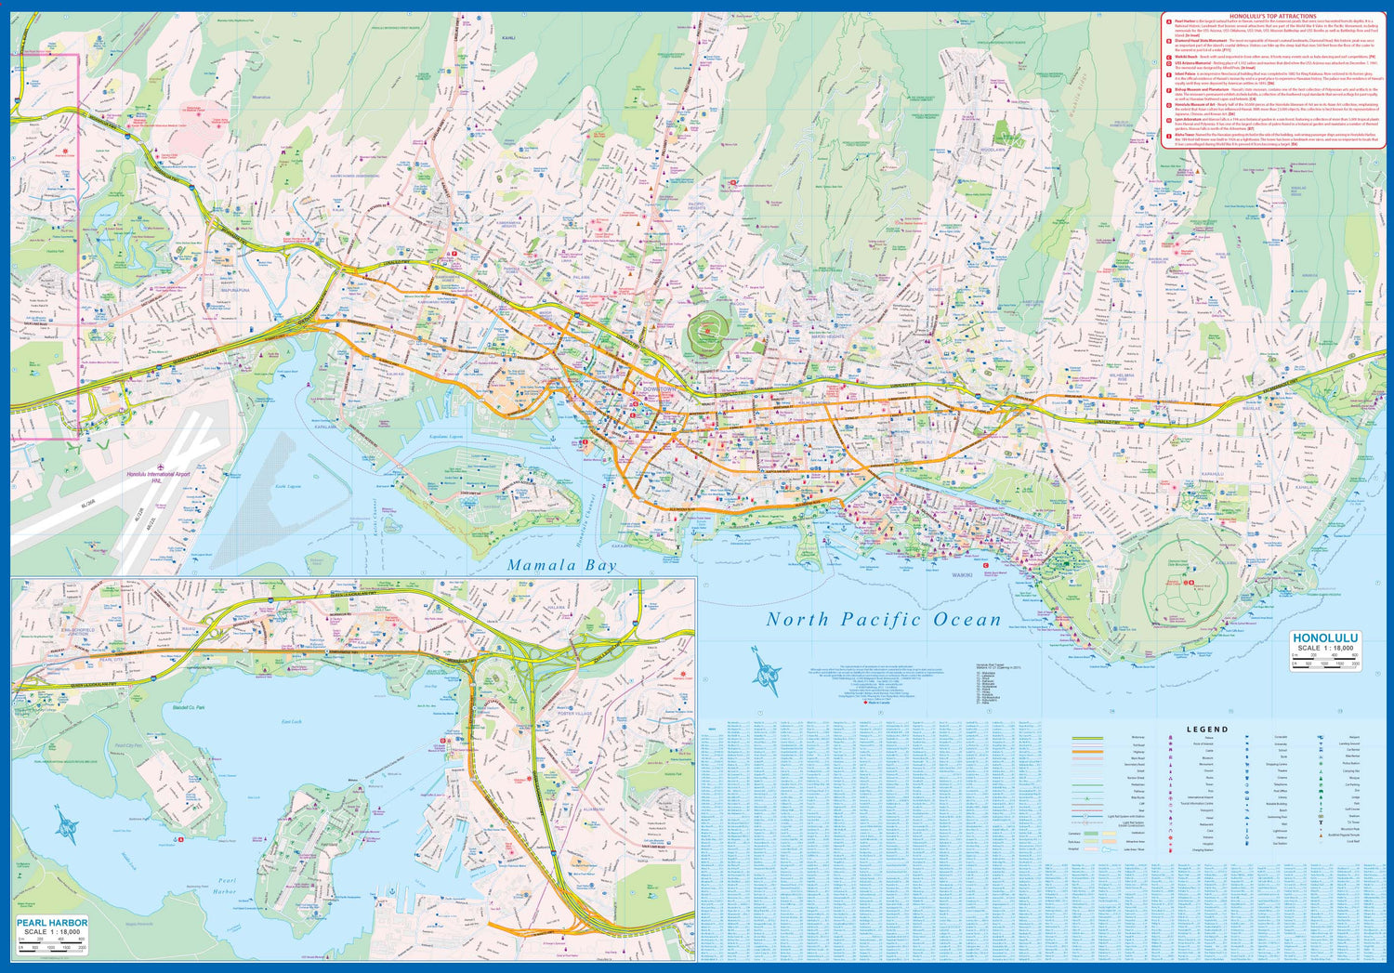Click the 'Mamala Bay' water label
pos(561,565)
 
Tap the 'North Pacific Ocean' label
pos(884,620)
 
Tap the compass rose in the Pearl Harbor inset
pos(67,822)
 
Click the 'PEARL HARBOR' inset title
pos(54,923)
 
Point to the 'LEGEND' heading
pos(1207,730)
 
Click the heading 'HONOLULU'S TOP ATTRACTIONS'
pos(1272,17)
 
